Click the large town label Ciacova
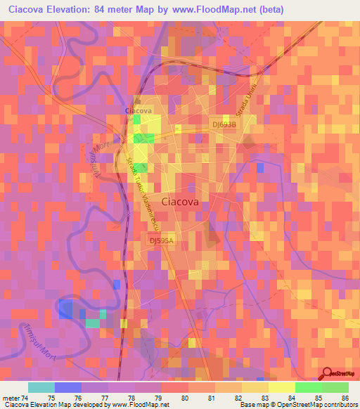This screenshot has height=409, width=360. click(x=181, y=202)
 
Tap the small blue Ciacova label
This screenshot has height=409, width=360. click(x=138, y=111)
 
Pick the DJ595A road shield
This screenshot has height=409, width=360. click(x=160, y=240)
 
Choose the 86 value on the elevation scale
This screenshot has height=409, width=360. click(x=344, y=398)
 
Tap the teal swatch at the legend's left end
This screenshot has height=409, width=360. click(x=41, y=387)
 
